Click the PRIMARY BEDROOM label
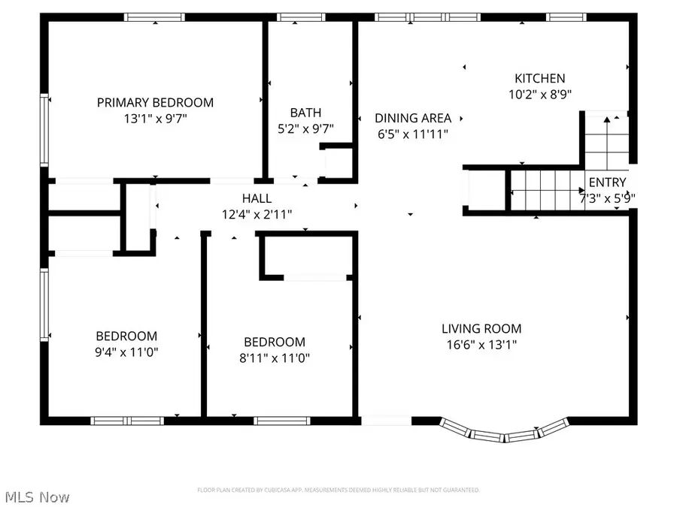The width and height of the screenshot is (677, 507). (155, 102)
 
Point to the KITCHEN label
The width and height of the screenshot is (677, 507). (539, 78)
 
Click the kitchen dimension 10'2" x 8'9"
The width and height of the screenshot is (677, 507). (539, 95)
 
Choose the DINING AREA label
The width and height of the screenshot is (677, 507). (413, 118)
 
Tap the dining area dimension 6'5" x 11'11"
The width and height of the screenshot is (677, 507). (413, 134)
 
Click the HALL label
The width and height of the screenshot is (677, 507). (257, 198)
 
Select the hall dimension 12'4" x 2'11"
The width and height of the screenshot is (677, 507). (257, 215)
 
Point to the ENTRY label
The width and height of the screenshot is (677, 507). (606, 183)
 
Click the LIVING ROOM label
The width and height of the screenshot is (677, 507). (481, 328)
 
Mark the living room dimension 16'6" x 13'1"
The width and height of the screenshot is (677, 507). (481, 345)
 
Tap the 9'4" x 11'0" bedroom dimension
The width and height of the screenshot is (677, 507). (126, 352)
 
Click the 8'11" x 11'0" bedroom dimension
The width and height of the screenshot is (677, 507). (269, 358)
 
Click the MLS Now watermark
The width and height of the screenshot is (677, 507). (38, 497)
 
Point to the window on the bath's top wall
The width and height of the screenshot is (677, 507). (301, 17)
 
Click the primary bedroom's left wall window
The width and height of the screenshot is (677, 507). (45, 129)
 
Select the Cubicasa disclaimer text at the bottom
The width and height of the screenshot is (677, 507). (338, 490)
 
